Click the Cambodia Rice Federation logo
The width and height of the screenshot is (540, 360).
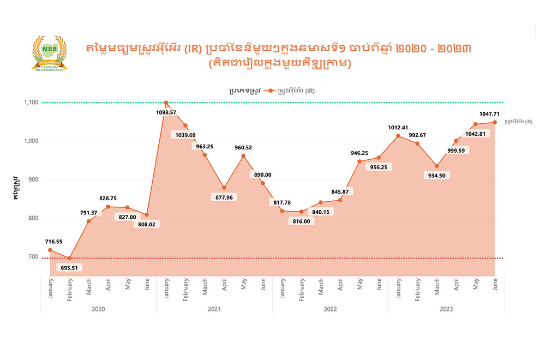tap(50, 53)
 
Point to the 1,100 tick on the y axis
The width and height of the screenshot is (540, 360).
tap(30, 103)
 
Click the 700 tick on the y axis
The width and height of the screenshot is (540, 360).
tap(33, 257)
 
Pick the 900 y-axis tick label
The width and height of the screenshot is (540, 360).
tap(33, 179)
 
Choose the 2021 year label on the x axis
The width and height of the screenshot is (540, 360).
tap(214, 309)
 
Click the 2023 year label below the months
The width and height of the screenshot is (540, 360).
tap(446, 309)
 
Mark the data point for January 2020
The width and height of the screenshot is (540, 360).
tap(50, 250)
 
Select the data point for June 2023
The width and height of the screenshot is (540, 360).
tap(495, 122)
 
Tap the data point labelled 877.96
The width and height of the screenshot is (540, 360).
tap(224, 188)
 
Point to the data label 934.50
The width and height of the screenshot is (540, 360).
tap(437, 176)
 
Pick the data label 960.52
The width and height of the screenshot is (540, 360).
tap(243, 147)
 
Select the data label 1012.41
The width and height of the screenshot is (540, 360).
tap(399, 128)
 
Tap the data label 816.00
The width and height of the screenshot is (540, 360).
tap(301, 221)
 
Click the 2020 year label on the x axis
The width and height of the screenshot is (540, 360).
tap(98, 309)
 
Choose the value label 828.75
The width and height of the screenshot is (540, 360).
tap(109, 199)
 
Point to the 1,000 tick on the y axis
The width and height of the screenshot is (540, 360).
tap(30, 141)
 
